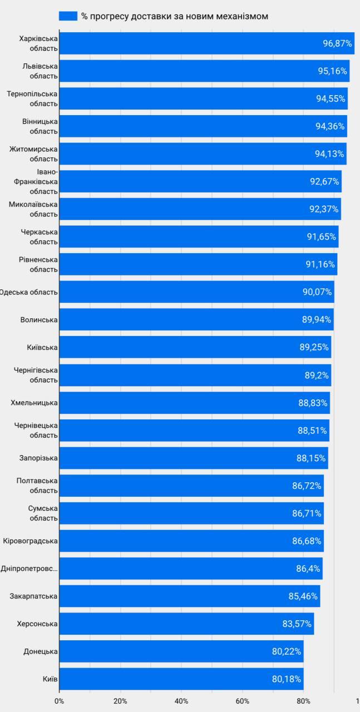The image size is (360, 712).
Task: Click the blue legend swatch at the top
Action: (x=68, y=16)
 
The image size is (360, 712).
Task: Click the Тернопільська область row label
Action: (x=32, y=98)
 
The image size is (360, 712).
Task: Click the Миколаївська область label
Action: (x=33, y=209)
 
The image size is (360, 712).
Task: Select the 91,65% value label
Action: (x=322, y=236)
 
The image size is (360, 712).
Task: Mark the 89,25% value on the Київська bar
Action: (x=314, y=347)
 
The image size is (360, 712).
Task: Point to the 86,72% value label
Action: (x=307, y=486)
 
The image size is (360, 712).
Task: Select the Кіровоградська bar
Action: (x=189, y=541)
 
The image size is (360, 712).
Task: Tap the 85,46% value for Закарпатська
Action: (x=303, y=596)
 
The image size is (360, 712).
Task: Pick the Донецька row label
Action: (x=41, y=651)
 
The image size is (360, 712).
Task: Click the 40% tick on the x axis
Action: (x=181, y=701)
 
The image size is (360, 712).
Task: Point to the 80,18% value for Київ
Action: (x=287, y=679)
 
